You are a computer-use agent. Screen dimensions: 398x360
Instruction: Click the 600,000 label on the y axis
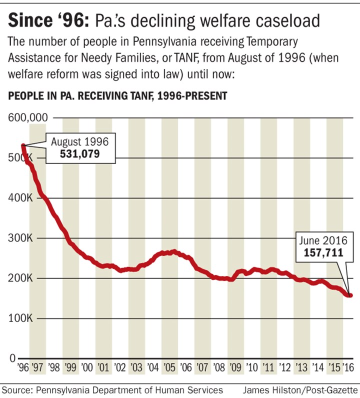point(27,118)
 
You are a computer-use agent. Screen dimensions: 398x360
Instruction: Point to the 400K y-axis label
point(19,198)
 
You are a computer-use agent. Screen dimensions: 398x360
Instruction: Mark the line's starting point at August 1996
point(23,145)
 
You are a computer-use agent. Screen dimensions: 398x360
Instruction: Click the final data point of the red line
point(350,295)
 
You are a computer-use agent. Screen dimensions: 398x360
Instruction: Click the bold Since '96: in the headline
point(47,20)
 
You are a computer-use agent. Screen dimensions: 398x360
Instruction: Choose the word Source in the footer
point(17,389)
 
